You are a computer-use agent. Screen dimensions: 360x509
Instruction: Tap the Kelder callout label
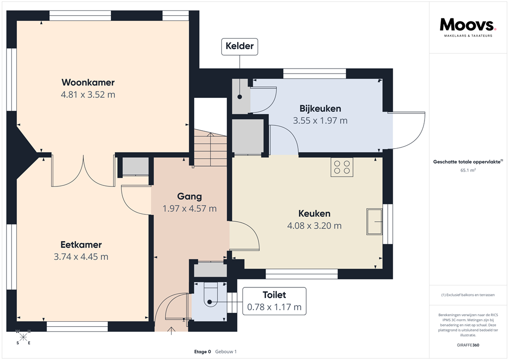[240, 47]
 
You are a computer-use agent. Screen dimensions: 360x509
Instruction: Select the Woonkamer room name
[88, 82]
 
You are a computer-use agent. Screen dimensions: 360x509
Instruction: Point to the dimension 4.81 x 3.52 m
[88, 94]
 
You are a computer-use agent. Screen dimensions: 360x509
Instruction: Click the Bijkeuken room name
[320, 108]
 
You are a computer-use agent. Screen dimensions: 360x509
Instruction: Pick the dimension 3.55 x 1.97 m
[320, 120]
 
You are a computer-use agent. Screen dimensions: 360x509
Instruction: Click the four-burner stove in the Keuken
[341, 167]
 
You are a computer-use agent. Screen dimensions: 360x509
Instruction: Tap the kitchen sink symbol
[374, 221]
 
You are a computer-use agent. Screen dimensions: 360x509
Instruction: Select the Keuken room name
[314, 213]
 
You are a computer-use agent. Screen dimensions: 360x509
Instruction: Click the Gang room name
[189, 196]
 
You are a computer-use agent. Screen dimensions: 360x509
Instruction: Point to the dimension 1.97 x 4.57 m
[189, 209]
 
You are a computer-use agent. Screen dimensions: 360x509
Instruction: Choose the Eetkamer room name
[81, 245]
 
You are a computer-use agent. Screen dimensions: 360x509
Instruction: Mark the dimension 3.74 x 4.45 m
[81, 257]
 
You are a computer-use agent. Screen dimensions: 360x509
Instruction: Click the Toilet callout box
[274, 301]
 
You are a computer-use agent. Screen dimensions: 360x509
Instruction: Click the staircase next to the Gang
[210, 149]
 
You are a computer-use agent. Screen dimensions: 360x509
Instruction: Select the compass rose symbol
[23, 337]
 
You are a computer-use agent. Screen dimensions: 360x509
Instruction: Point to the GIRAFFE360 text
[468, 345]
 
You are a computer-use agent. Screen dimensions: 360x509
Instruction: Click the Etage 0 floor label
[202, 352]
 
